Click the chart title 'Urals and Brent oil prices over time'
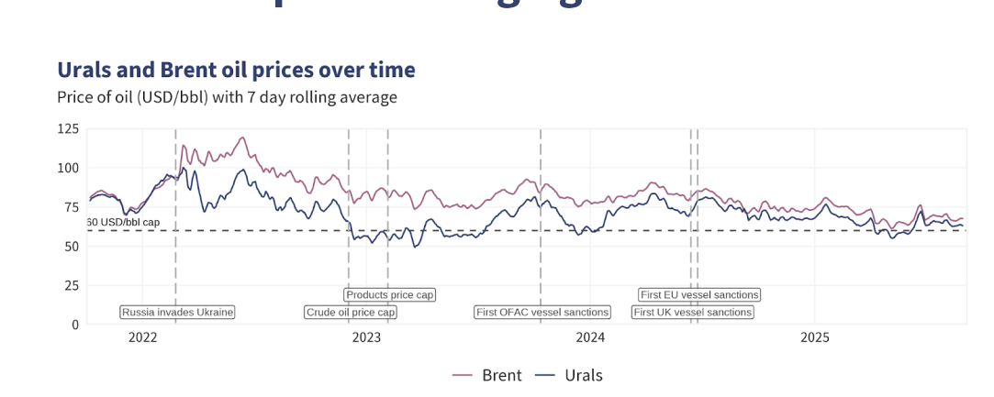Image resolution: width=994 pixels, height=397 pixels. pyautogui.click(x=236, y=70)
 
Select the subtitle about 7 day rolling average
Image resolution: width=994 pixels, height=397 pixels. pyautogui.click(x=227, y=97)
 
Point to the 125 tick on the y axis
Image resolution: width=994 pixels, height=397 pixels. pyautogui.click(x=69, y=128)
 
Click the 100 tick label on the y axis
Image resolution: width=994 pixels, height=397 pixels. pyautogui.click(x=69, y=168)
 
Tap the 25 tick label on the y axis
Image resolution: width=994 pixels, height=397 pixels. pyautogui.click(x=72, y=285)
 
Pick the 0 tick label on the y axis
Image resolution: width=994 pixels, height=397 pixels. pyautogui.click(x=75, y=324)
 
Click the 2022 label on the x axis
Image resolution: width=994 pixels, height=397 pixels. pyautogui.click(x=143, y=337)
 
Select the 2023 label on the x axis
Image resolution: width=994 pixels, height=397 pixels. pyautogui.click(x=366, y=337)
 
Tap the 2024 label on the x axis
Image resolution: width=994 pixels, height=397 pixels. pyautogui.click(x=590, y=337)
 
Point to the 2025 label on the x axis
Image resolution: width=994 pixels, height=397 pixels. pyautogui.click(x=814, y=337)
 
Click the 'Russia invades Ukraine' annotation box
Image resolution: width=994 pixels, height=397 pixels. pyautogui.click(x=178, y=313)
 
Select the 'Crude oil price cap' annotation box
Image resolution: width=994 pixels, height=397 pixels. pyautogui.click(x=351, y=313)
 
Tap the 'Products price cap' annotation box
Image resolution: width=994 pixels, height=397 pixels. pyautogui.click(x=390, y=295)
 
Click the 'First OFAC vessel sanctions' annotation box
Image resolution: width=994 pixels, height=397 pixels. pyautogui.click(x=542, y=313)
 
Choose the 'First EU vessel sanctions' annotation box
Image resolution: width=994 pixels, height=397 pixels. pyautogui.click(x=700, y=295)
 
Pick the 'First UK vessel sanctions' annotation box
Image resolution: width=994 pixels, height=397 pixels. pyautogui.click(x=693, y=313)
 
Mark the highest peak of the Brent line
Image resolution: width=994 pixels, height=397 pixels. pyautogui.click(x=243, y=138)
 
